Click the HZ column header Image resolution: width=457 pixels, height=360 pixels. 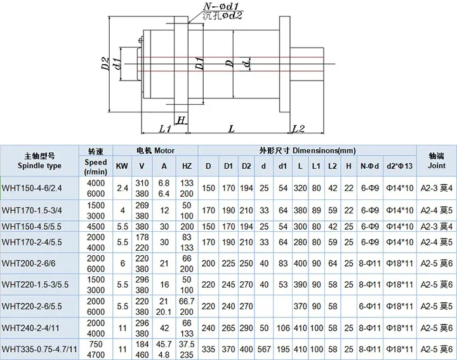click(x=187, y=166)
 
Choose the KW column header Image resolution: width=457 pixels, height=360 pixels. click(x=121, y=166)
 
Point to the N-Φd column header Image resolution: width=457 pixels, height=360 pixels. click(x=369, y=166)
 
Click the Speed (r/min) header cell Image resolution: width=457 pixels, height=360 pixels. click(x=96, y=166)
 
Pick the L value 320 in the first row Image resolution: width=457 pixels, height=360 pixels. click(x=300, y=188)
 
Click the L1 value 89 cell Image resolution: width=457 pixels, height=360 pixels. click(x=316, y=210)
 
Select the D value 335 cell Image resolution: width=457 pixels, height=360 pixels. click(x=208, y=349)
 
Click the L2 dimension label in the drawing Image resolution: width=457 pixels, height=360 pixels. click(x=298, y=129)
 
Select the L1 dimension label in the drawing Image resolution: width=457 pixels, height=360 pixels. click(x=164, y=129)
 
